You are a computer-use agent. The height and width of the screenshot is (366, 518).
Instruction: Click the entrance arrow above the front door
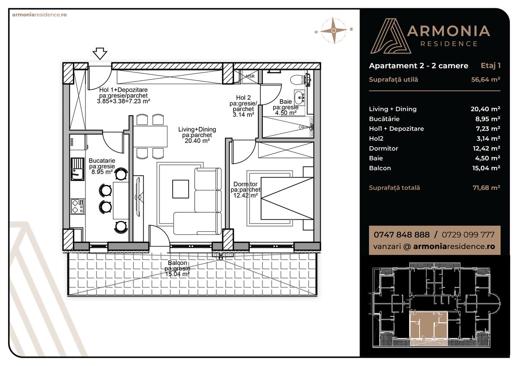[x=100, y=54]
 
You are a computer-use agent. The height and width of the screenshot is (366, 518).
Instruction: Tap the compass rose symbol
[x=334, y=30]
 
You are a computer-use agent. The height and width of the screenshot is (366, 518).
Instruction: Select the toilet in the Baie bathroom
[x=297, y=79]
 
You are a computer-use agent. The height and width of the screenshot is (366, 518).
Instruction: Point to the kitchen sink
[x=78, y=169]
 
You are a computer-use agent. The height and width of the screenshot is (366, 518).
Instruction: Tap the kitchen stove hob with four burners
[x=78, y=206]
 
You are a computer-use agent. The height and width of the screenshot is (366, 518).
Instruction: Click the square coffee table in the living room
[x=180, y=189]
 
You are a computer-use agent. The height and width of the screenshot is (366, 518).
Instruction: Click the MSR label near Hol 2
[x=250, y=76]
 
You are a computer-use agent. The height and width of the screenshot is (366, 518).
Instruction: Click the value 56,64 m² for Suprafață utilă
[x=485, y=79]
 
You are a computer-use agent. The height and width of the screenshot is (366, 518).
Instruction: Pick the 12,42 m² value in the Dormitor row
[x=485, y=148]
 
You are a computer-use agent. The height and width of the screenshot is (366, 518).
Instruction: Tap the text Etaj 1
[x=490, y=66]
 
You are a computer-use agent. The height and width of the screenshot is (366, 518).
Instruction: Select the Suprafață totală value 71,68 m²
[x=485, y=188]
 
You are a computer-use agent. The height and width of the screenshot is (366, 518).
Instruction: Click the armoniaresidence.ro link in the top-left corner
[x=39, y=14]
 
